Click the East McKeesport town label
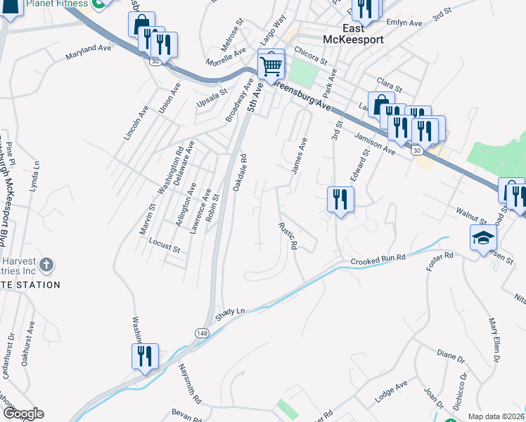point(354,34)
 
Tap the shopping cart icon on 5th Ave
point(271,65)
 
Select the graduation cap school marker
point(483,238)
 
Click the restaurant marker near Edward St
point(340,200)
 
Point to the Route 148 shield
point(202,331)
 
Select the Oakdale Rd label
point(239,174)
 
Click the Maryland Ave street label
point(89,52)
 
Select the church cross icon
point(46,265)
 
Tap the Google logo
point(23,414)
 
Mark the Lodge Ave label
point(392,392)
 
